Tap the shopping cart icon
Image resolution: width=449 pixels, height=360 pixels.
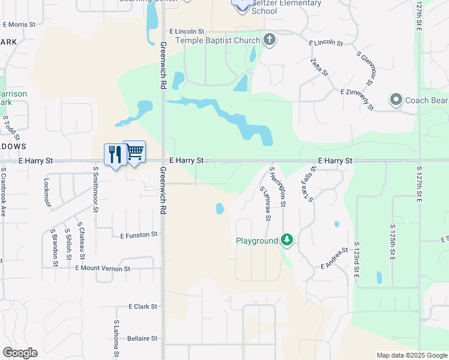134,152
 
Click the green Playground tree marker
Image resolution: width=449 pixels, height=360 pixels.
288,241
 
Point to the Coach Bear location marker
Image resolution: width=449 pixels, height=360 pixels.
396,100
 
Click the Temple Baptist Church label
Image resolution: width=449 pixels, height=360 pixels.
218,40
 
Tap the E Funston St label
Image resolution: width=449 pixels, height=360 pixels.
139,235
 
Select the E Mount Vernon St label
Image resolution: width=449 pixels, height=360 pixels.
103,269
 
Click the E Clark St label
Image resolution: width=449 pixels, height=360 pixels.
143,306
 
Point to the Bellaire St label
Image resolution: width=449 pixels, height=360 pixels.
142,338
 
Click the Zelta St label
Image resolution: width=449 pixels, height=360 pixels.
320,67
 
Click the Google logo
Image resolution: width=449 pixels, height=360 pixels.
20,353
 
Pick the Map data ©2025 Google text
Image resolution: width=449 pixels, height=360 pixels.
411,355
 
